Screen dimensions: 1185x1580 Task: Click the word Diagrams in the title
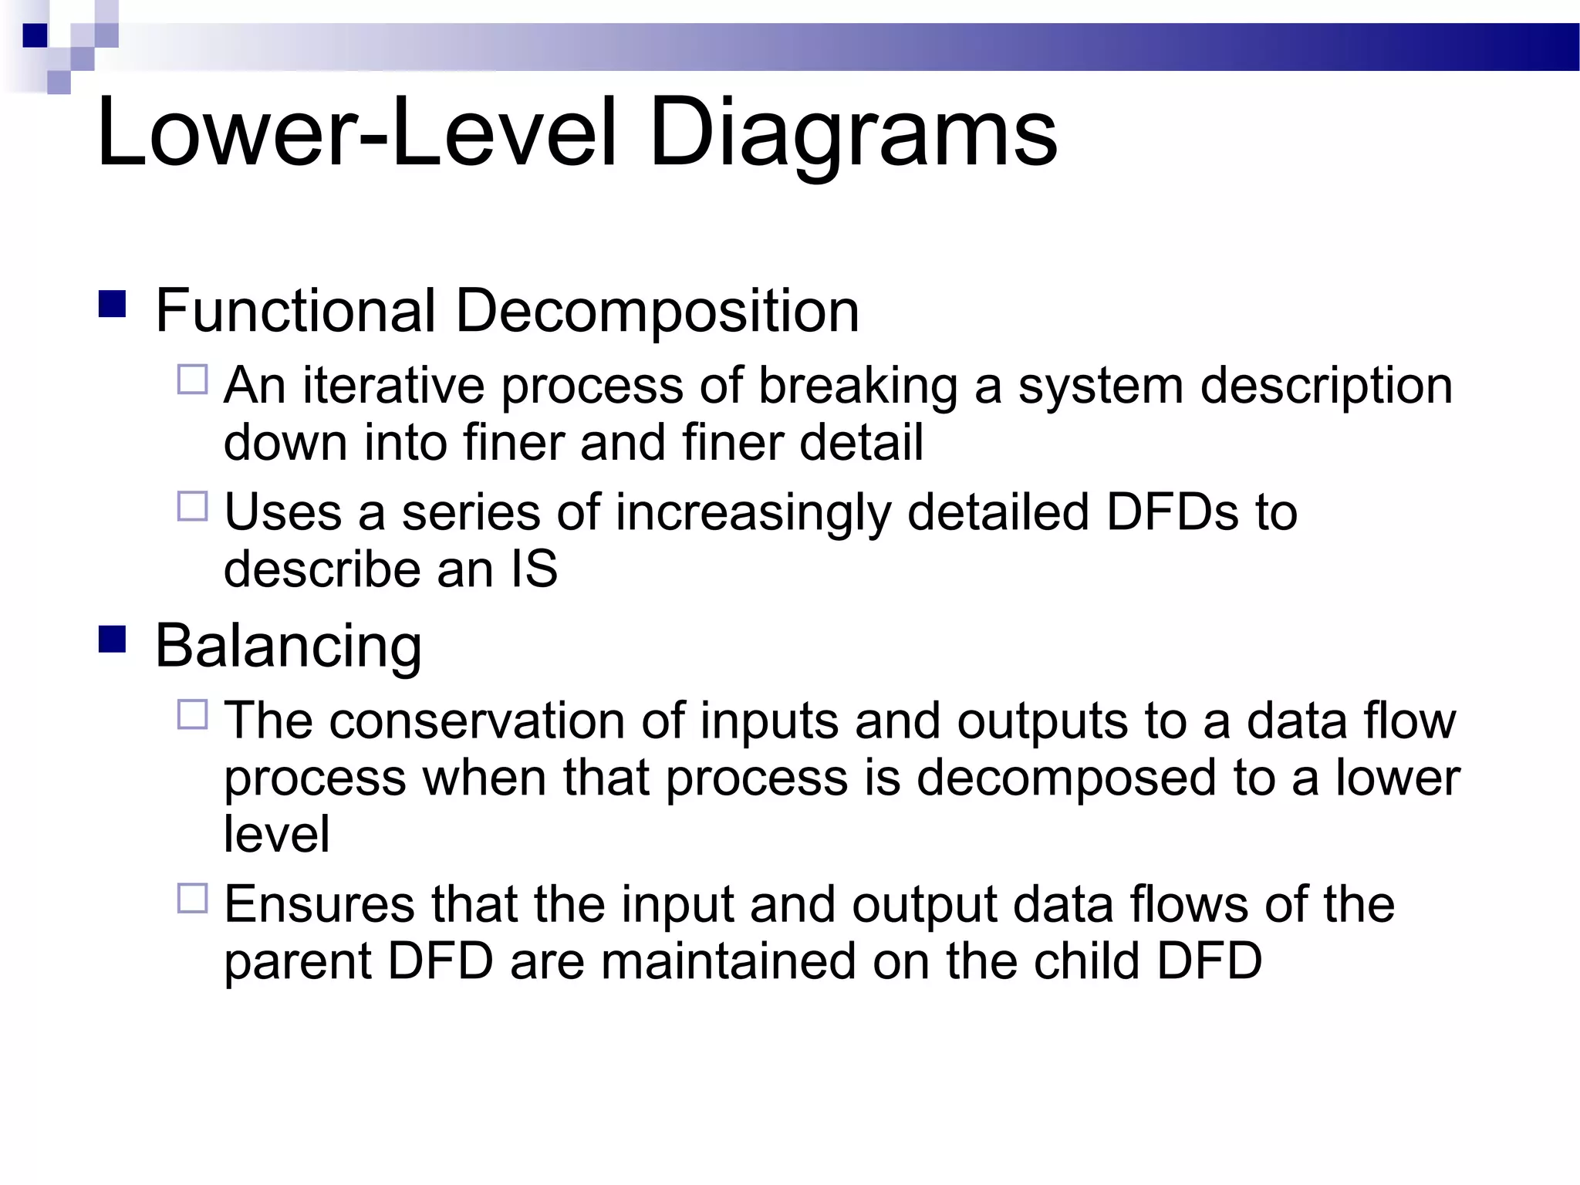point(852,133)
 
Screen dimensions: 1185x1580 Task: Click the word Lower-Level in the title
point(356,133)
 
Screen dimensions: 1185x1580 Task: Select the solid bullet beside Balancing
point(113,639)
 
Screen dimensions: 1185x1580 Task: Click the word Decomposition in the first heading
point(657,312)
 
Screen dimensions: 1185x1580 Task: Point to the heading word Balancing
point(288,647)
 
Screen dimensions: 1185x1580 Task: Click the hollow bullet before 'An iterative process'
point(192,380)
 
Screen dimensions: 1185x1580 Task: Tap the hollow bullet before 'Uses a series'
point(192,506)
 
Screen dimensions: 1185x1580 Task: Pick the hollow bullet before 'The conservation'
point(192,714)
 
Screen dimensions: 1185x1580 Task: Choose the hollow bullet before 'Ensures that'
point(192,898)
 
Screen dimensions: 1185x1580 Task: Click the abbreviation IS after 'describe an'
point(533,569)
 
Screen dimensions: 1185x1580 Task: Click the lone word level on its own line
point(276,834)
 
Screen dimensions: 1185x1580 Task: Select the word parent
point(297,961)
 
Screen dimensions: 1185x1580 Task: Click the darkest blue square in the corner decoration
point(35,35)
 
